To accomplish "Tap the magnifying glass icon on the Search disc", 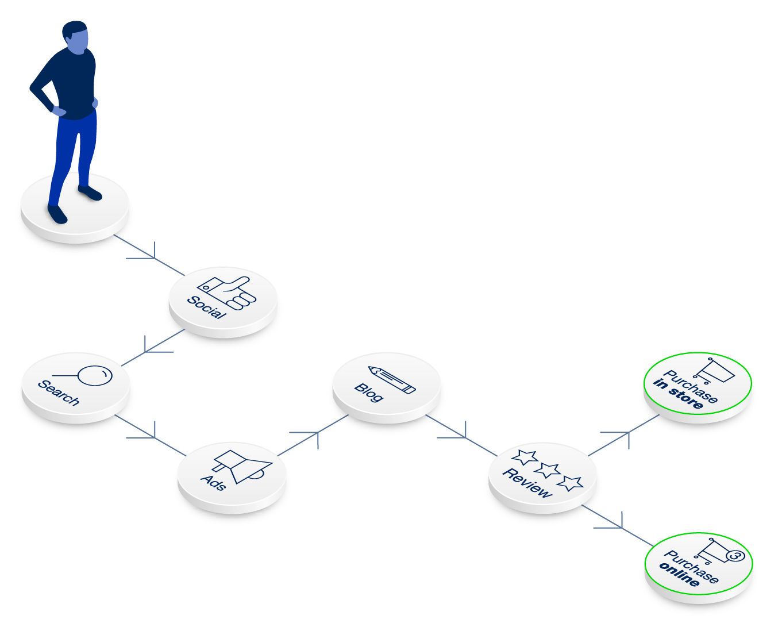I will tap(94, 376).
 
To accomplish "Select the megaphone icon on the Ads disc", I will tap(241, 465).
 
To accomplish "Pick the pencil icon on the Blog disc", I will tap(392, 379).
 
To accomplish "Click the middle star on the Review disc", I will tap(546, 470).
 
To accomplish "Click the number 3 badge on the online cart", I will tap(735, 556).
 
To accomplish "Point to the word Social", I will tap(206, 307).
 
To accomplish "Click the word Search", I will tap(58, 393).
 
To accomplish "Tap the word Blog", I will tap(368, 392).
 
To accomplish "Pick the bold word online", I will tap(679, 575).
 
